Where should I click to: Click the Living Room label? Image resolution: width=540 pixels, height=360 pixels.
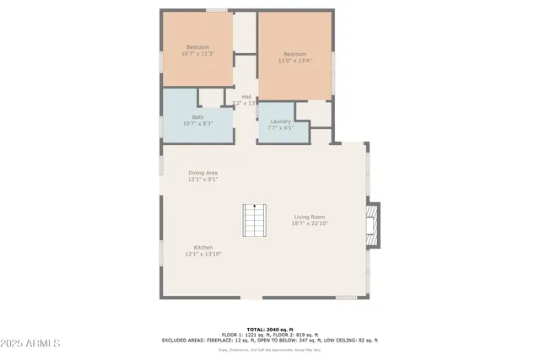310,217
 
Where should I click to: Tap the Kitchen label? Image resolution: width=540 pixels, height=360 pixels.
202,247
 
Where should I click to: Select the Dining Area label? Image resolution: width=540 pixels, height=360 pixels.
202,173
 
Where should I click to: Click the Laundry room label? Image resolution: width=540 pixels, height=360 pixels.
281,121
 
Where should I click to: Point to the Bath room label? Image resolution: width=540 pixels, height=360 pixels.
197,117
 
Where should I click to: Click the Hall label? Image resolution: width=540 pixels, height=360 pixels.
246,97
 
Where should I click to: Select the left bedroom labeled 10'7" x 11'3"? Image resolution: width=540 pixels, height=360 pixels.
197,50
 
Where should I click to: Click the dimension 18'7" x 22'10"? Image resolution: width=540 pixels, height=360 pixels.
310,223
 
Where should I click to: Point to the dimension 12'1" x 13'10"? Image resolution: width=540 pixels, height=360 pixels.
203,254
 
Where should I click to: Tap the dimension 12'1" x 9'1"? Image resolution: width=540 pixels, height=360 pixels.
202,180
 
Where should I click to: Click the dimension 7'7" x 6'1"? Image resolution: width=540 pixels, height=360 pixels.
281,128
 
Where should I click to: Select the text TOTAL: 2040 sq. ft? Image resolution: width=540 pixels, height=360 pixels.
269,330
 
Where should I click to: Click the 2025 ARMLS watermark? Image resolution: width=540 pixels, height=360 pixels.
30,344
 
